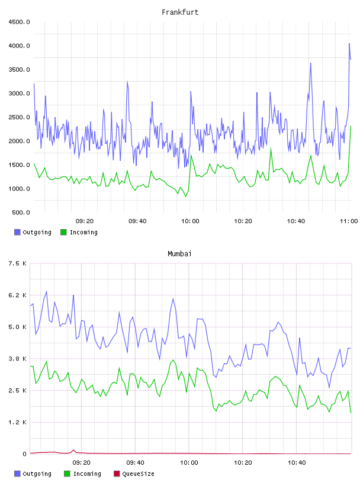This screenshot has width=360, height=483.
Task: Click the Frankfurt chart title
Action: coord(180,12)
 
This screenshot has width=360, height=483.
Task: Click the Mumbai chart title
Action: coord(179,254)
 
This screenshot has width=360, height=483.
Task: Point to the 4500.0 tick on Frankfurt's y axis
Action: coord(19,22)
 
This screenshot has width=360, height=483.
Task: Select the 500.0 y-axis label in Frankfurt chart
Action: coord(21,212)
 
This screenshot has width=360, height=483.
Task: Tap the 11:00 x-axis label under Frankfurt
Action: coord(349,221)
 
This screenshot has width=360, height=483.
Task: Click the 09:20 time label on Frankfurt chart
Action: coord(85,221)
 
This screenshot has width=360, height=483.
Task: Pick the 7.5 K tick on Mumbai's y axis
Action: coord(18,263)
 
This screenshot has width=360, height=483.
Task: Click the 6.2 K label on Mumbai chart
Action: coord(18,295)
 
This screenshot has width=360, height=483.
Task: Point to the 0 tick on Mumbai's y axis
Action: coord(24,454)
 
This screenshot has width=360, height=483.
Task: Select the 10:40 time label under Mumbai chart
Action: coord(297,463)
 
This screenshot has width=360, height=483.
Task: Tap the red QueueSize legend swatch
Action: coord(117,474)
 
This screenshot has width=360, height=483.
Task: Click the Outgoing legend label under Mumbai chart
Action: coord(37,474)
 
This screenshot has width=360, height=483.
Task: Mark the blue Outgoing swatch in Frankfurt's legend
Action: coord(17,232)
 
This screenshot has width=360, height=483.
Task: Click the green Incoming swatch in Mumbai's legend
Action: coord(67,474)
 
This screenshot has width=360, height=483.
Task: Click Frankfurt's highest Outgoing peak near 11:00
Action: coord(349,44)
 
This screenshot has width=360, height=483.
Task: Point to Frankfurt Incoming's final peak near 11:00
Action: coord(351,126)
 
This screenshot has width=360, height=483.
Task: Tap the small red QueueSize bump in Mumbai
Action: coord(73,450)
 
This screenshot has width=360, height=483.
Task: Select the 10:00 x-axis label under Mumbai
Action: coord(189,463)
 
